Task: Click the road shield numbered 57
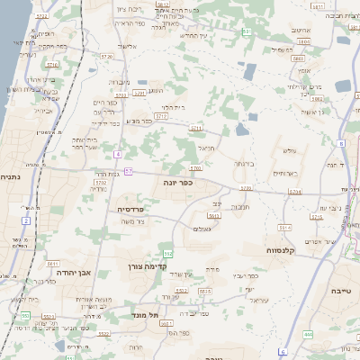coord(130,171)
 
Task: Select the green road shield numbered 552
coord(167,255)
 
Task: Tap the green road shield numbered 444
coord(308,335)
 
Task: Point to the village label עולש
coord(289,151)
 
